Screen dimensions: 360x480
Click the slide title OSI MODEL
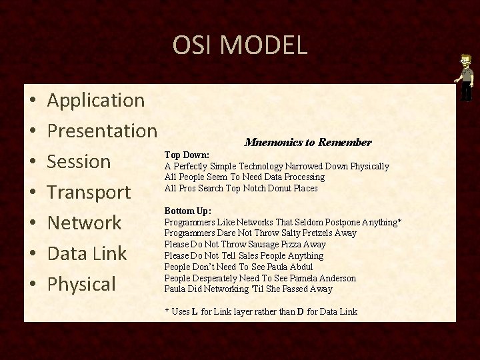coord(240,45)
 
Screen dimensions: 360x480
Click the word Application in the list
coord(97,101)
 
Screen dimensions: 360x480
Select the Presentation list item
coord(103,131)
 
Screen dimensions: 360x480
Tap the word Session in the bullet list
coord(79,161)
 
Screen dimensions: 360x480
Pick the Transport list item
coord(89,192)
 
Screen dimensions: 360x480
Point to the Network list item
coord(84,223)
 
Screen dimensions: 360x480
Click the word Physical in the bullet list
coord(83,284)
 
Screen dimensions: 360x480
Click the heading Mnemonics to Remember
coord(308,143)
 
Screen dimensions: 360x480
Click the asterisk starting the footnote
coord(167,311)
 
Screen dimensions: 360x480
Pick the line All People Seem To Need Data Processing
coord(245,177)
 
